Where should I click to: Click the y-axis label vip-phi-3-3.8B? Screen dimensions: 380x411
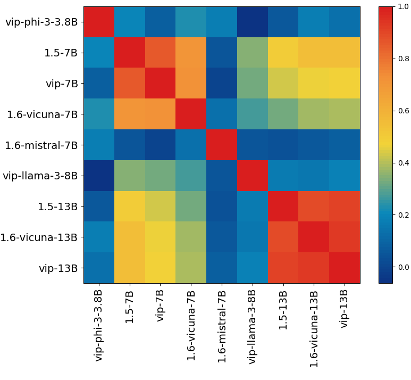pyautogui.click(x=42, y=22)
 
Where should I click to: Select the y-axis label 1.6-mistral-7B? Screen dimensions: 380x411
pyautogui.click(x=42, y=145)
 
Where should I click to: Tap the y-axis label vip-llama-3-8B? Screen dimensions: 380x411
pyautogui.click(x=42, y=176)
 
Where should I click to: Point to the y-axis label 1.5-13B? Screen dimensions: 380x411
pyautogui.click(x=60, y=206)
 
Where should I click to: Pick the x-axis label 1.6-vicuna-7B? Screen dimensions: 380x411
pyautogui.click(x=191, y=325)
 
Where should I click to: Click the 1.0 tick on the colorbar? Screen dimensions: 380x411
pyautogui.click(x=404, y=7)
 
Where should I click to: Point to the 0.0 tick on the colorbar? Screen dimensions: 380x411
pyautogui.click(x=404, y=267)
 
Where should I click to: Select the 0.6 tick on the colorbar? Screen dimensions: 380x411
pyautogui.click(x=404, y=111)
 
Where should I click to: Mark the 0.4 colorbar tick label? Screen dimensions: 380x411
pyautogui.click(x=404, y=163)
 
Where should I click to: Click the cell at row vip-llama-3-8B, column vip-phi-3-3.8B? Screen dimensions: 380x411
pyautogui.click(x=99, y=176)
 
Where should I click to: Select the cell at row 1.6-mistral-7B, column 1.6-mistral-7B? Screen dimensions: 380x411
pyautogui.click(x=222, y=145)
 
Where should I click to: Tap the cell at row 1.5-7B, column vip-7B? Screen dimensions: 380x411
pyautogui.click(x=160, y=53)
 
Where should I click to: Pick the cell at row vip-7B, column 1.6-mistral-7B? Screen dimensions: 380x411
pyautogui.click(x=222, y=84)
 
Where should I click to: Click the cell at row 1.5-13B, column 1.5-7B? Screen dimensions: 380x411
pyautogui.click(x=130, y=206)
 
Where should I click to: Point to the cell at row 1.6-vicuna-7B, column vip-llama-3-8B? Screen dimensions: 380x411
pyautogui.click(x=253, y=114)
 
